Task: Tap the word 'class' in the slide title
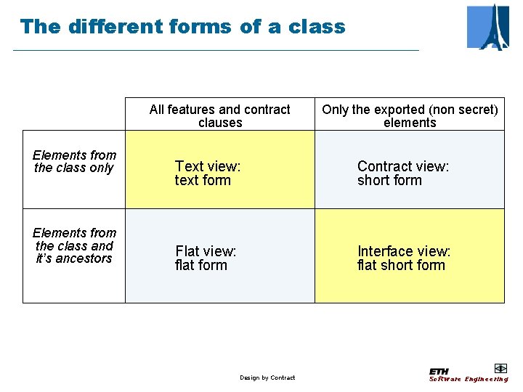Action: [317, 28]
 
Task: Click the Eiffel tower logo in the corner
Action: [488, 27]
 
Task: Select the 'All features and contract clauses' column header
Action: [219, 116]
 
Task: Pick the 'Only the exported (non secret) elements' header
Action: [410, 116]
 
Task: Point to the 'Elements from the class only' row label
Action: [74, 161]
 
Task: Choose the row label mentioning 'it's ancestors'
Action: [74, 245]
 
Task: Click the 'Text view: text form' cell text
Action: [207, 173]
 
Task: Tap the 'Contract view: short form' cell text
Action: [403, 173]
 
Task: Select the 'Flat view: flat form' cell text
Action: [206, 258]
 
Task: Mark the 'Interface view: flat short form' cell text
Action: [404, 258]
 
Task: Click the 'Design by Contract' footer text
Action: [267, 377]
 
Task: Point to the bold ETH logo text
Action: [439, 371]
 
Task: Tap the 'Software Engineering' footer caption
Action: [469, 379]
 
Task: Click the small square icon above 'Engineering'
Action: [500, 368]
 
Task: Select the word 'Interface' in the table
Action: [385, 251]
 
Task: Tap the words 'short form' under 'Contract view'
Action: [389, 180]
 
